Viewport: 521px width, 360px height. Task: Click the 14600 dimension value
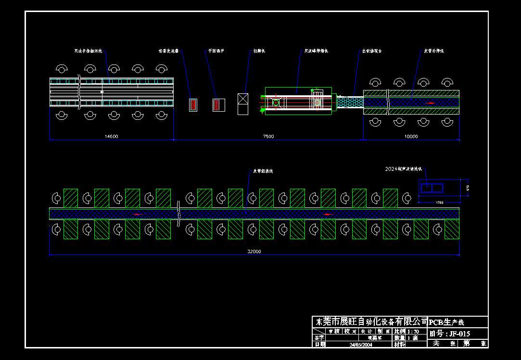(111, 136)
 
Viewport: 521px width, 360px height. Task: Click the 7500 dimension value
(268, 136)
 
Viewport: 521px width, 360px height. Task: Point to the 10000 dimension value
(411, 136)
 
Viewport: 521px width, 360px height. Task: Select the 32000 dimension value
(254, 251)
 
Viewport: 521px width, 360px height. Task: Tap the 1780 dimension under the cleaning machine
(439, 202)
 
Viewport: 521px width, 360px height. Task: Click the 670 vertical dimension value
(467, 188)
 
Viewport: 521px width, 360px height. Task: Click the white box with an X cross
(243, 104)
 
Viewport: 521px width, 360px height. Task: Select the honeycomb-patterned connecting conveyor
(350, 102)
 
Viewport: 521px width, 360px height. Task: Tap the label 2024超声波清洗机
(404, 169)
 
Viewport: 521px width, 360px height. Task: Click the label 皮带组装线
(263, 171)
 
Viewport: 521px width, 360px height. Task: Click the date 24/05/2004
(361, 345)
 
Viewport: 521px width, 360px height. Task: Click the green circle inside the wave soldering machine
(276, 103)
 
